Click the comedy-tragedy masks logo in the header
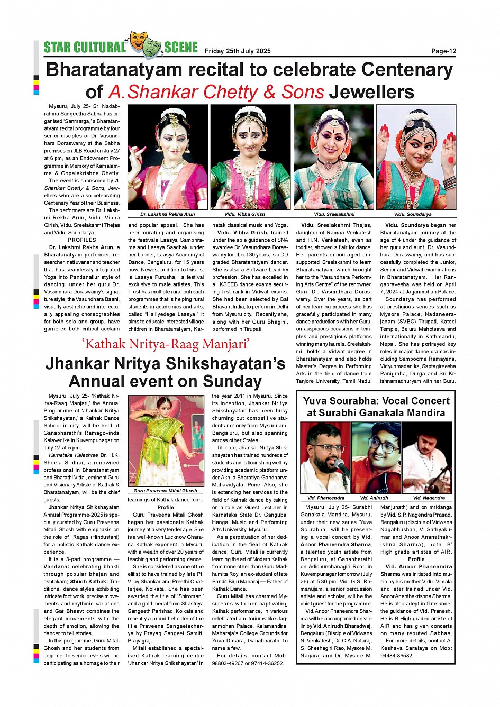(x=144, y=44)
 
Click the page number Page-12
(x=443, y=51)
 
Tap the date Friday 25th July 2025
(x=238, y=51)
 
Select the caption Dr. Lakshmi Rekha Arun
(x=167, y=214)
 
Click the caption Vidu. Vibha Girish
(x=244, y=214)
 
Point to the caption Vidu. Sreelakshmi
(x=334, y=214)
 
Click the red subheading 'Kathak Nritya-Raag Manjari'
(x=166, y=345)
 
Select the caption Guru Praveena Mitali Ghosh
(x=165, y=491)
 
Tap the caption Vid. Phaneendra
(x=325, y=498)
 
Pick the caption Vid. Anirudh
(x=374, y=498)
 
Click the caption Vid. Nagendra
(x=429, y=498)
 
